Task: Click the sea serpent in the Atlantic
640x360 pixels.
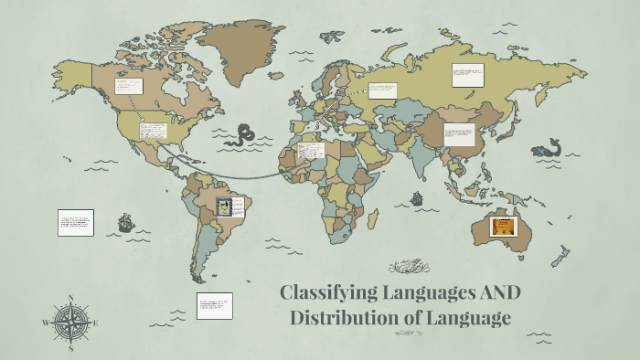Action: point(244,136)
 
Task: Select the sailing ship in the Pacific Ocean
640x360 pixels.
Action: point(125,222)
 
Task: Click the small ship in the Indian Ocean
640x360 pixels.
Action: point(418,197)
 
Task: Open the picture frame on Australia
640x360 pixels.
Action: point(502,227)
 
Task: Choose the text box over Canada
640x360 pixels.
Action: point(126,87)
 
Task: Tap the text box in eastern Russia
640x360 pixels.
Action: point(467,76)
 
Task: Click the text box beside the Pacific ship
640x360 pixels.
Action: point(76,222)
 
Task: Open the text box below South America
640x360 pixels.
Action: point(214,305)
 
